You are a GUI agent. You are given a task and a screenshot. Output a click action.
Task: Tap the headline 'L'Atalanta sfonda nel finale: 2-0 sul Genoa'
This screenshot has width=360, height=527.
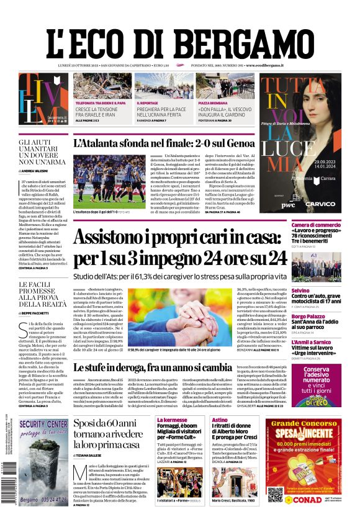point(176,144)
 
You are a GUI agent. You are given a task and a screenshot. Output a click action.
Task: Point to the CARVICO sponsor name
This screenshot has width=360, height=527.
point(320,204)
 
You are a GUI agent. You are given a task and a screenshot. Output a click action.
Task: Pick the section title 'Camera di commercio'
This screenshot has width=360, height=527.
point(316,225)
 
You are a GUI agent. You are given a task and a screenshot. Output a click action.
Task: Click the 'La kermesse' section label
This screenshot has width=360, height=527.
point(173,420)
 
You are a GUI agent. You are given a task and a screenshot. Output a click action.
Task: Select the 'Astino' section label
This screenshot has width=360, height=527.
point(220,420)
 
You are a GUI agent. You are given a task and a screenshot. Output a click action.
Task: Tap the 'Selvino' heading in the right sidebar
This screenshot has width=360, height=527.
point(300,291)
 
